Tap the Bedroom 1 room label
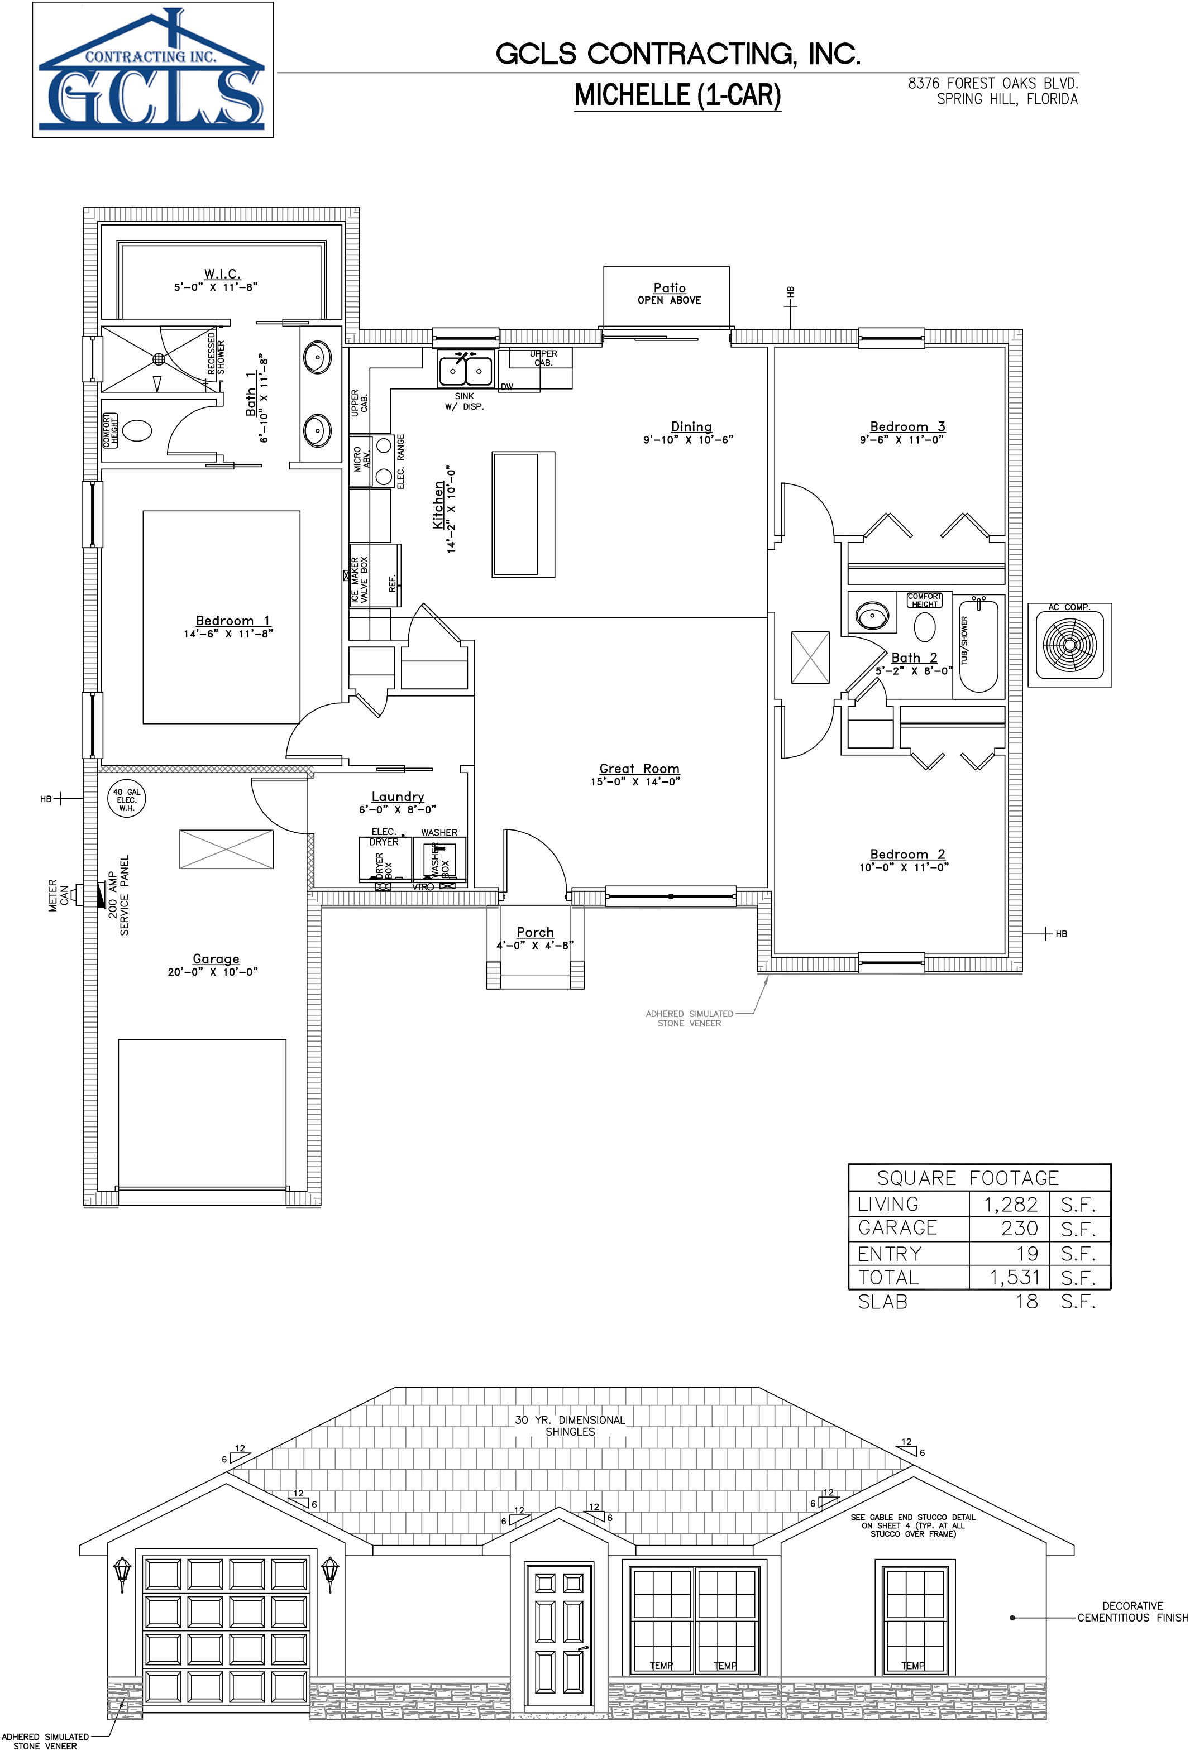(x=232, y=621)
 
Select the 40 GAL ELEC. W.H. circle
(x=127, y=799)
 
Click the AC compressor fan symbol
(x=1069, y=644)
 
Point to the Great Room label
(x=639, y=769)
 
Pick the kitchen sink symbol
(x=466, y=369)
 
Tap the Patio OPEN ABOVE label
(x=668, y=294)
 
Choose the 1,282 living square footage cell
(x=1010, y=1204)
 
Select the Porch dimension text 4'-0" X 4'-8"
(x=534, y=946)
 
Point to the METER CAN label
(x=58, y=895)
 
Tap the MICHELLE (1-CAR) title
(x=677, y=95)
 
